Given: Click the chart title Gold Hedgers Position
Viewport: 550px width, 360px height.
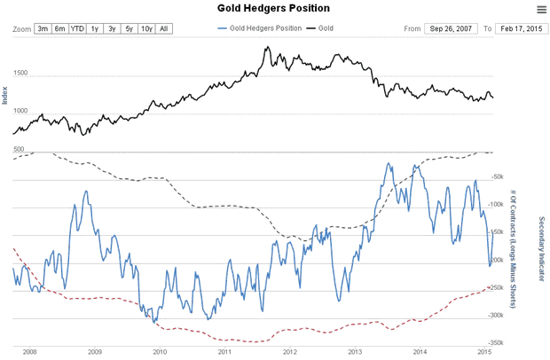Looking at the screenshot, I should [x=274, y=9].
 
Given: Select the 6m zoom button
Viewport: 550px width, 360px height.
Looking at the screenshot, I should [x=60, y=28].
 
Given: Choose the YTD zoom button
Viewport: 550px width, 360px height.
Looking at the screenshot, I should [x=78, y=28].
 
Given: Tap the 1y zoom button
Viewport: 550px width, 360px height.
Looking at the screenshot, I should [x=95, y=28].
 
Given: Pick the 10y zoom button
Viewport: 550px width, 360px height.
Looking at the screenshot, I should [x=145, y=28].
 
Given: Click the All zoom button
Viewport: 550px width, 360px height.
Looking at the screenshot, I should [x=164, y=28].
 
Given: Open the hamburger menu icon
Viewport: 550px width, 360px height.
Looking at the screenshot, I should [x=541, y=10].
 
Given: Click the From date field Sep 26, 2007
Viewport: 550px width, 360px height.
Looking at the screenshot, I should [x=452, y=28].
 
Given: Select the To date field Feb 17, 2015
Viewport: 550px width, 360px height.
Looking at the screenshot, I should [x=519, y=28].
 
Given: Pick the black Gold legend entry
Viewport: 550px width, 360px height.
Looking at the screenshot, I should [x=320, y=28].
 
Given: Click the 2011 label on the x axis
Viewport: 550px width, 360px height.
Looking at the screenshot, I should [x=224, y=351].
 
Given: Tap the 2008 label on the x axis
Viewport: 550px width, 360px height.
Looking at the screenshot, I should [x=30, y=351].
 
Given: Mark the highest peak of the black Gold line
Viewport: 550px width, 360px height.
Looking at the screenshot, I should [x=267, y=47].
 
